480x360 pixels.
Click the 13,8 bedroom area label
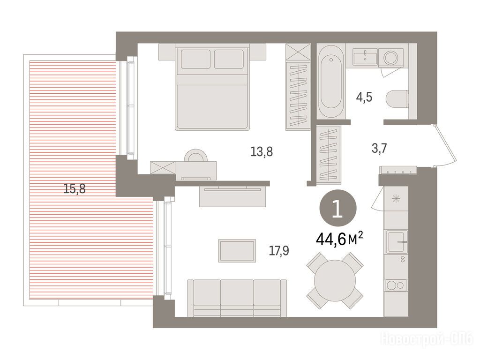click(262, 152)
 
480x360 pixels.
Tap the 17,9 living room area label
click(279, 251)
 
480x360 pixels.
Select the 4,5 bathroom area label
click(364, 97)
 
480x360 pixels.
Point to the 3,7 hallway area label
click(379, 149)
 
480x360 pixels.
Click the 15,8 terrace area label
click(75, 188)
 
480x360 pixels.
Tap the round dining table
click(335, 281)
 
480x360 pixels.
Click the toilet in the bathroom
click(397, 99)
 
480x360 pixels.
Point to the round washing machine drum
click(391, 58)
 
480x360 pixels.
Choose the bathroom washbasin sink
click(365, 58)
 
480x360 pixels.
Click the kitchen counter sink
click(397, 241)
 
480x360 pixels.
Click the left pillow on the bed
click(195, 59)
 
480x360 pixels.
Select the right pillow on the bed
click(229, 59)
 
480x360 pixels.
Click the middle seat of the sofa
click(237, 297)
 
